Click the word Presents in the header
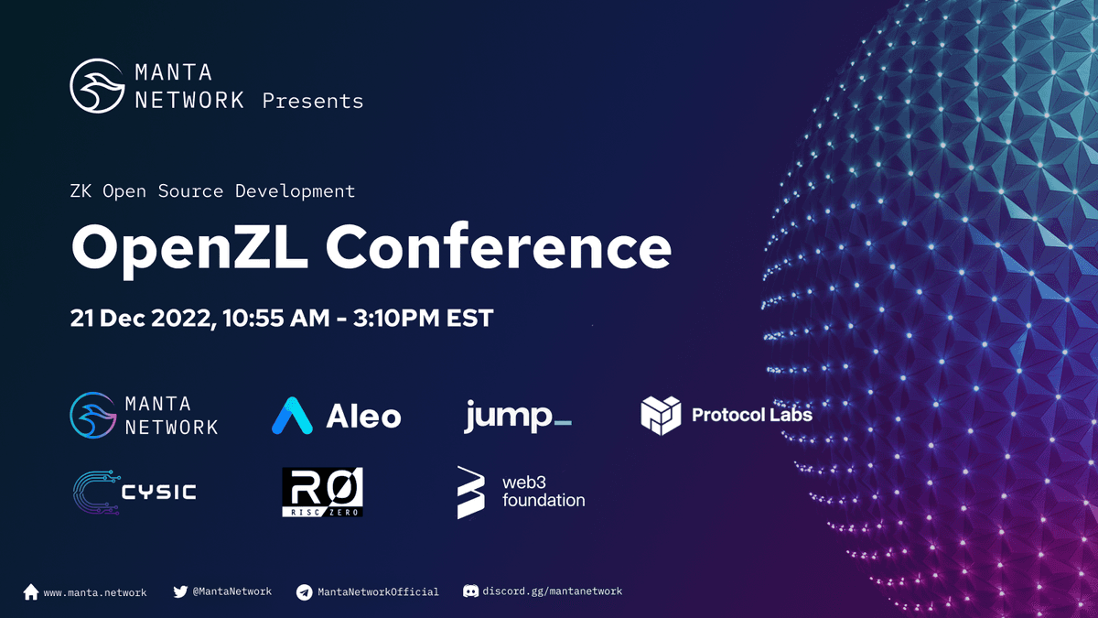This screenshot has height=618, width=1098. pyautogui.click(x=313, y=101)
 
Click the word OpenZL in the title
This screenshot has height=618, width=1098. pyautogui.click(x=189, y=249)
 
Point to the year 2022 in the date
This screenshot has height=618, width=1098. pyautogui.click(x=183, y=319)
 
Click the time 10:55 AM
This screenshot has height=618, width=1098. pyautogui.click(x=276, y=318)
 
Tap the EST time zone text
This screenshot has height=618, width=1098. pyautogui.click(x=469, y=318)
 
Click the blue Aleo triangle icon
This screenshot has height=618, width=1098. pyautogui.click(x=292, y=416)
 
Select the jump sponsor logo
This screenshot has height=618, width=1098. pyautogui.click(x=518, y=417)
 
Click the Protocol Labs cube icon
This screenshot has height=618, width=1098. pyautogui.click(x=661, y=416)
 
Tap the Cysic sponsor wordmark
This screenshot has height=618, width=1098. pyautogui.click(x=159, y=492)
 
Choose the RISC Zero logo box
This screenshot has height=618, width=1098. pyautogui.click(x=322, y=492)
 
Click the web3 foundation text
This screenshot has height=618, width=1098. pyautogui.click(x=544, y=492)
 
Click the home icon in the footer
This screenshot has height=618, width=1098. pyautogui.click(x=31, y=592)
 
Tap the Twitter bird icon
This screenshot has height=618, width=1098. pyautogui.click(x=180, y=591)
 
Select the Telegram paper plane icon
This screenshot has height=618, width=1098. pyautogui.click(x=305, y=592)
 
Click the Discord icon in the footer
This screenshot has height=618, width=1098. pyautogui.click(x=470, y=591)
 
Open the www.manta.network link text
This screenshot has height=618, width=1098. pyautogui.click(x=95, y=592)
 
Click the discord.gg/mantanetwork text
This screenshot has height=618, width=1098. pyautogui.click(x=553, y=591)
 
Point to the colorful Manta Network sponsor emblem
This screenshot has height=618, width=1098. pyautogui.click(x=93, y=415)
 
